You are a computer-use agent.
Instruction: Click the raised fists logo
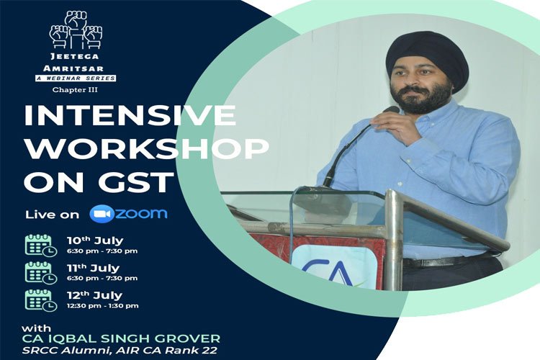(76, 30)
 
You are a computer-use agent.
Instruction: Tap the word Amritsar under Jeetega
(73, 68)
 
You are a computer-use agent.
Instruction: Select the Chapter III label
(75, 90)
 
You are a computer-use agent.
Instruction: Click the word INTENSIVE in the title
(130, 115)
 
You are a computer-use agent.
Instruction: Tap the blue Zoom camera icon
(102, 214)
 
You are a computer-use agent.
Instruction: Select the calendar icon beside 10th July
(41, 246)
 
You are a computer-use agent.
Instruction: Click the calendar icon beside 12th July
(41, 300)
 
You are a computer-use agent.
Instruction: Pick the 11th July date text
(93, 268)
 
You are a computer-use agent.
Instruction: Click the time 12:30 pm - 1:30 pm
(103, 305)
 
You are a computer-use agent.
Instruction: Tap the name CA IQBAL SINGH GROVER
(121, 338)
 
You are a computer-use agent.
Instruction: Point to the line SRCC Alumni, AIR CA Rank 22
(120, 351)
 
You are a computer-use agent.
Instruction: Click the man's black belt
(448, 261)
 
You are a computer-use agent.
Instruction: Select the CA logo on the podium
(333, 267)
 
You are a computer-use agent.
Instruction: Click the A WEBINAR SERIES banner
(76, 78)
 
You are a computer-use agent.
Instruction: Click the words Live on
(52, 215)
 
